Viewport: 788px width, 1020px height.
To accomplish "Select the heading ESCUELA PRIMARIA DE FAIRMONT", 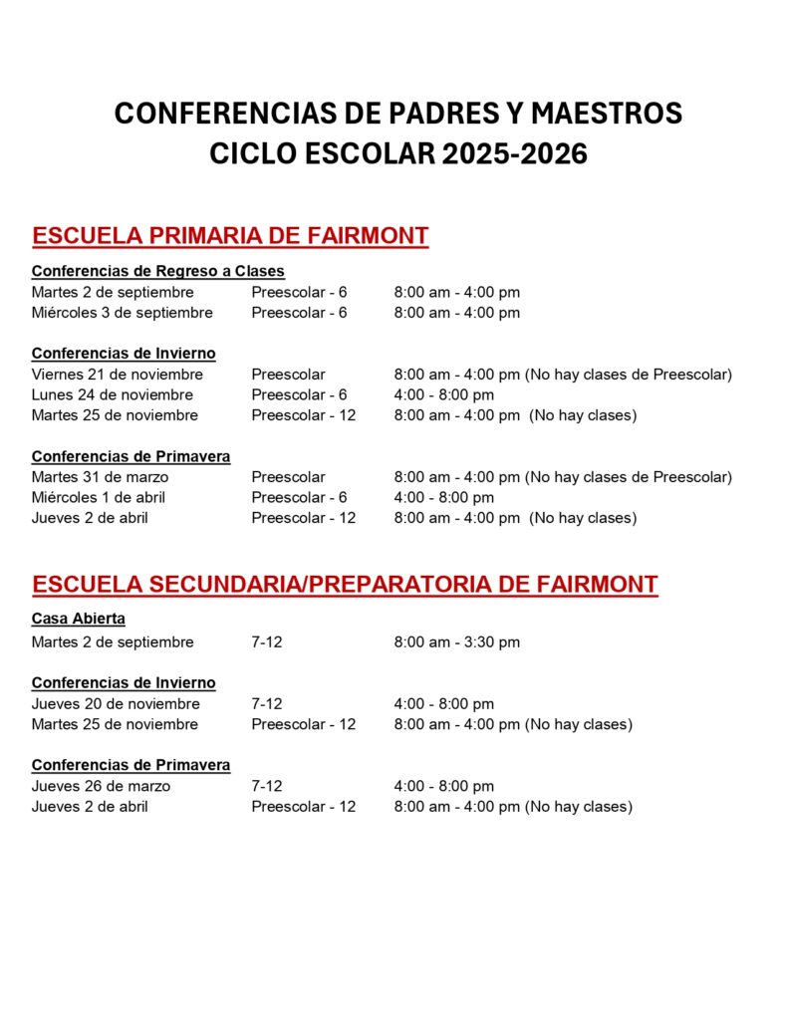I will click(x=230, y=236).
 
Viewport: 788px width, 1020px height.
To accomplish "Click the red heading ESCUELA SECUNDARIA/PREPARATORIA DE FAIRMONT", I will click(x=345, y=584).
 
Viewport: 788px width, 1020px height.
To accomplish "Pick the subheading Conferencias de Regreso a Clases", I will click(x=157, y=271).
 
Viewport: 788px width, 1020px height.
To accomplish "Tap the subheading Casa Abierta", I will click(x=79, y=619).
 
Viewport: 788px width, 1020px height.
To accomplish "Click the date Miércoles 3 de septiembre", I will click(x=122, y=313).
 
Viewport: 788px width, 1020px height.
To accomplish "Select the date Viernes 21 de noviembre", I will click(x=117, y=375).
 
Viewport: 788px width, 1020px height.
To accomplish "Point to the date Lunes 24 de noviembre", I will click(x=112, y=394).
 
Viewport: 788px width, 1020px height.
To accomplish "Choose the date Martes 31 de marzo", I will click(x=100, y=477).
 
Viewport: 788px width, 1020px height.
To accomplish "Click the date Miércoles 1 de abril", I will click(x=98, y=497).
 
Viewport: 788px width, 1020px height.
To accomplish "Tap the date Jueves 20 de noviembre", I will click(x=116, y=704).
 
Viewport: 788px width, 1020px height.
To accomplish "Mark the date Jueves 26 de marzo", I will click(x=101, y=786).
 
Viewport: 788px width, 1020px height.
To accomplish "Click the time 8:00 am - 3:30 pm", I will click(x=456, y=642).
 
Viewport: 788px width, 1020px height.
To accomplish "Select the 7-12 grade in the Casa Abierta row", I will click(x=266, y=642).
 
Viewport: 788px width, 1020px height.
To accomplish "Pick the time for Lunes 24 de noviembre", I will click(x=443, y=394).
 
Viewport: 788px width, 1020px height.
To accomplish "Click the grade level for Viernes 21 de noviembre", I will click(x=288, y=375).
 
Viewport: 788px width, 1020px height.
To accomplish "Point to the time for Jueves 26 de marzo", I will click(x=443, y=786).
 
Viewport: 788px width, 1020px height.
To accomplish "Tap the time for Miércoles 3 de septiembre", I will click(x=456, y=313).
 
